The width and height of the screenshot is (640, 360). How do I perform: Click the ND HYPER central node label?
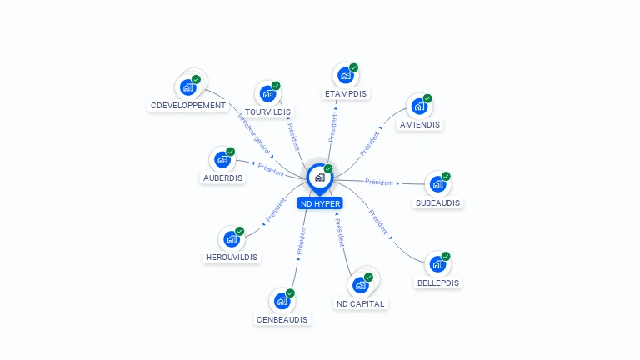(x=320, y=202)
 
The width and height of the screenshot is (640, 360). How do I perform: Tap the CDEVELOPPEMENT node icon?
(x=188, y=87)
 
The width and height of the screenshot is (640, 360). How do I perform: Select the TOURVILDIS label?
(x=268, y=112)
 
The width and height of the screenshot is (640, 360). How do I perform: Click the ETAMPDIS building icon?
(x=346, y=75)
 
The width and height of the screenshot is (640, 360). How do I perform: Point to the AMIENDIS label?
(x=420, y=124)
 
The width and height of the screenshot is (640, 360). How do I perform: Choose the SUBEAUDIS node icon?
(x=437, y=184)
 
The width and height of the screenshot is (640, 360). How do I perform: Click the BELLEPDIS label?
(x=438, y=282)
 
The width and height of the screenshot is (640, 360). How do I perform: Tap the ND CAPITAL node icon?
(x=360, y=284)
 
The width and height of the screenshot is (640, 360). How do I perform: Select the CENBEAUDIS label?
(x=282, y=319)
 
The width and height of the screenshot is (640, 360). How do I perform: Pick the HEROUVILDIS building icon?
(x=232, y=239)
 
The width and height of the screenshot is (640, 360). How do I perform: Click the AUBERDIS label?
(x=222, y=177)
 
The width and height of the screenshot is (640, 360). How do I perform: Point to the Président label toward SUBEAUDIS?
(x=379, y=182)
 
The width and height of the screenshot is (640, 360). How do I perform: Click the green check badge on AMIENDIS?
(x=427, y=98)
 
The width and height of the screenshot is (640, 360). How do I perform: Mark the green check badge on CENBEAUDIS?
(x=290, y=293)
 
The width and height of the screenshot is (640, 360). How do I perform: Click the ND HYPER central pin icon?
(x=319, y=177)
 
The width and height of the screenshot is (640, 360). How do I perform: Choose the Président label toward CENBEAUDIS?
(x=301, y=240)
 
